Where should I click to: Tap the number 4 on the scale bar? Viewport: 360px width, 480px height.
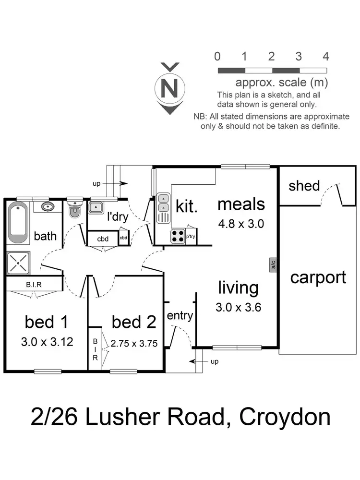point(325,57)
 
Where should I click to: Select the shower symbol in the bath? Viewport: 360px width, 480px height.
point(18,263)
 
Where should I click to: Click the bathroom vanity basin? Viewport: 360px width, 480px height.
point(47,207)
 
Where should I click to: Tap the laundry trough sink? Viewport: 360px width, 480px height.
point(96,208)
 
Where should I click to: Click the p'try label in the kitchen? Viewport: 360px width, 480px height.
point(191,237)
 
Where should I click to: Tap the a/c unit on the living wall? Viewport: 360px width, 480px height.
point(273,264)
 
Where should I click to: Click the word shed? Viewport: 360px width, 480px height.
point(304,186)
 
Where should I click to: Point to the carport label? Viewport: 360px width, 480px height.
point(318,277)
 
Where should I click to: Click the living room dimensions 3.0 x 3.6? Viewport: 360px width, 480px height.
point(238,308)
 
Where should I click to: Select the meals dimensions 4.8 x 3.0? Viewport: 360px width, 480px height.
point(241,223)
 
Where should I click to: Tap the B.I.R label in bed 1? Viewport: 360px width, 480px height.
point(34,284)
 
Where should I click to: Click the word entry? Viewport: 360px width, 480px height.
point(180,315)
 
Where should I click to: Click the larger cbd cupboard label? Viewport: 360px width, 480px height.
point(102,239)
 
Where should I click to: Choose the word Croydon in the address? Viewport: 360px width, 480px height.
point(285,417)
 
